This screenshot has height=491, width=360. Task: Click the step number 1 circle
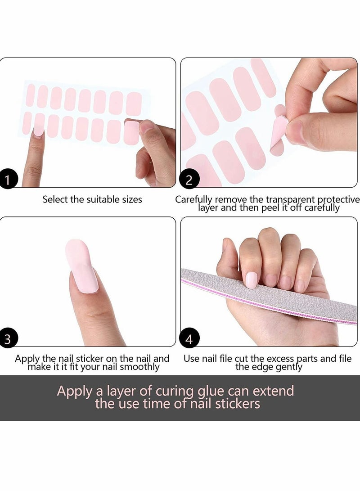7,180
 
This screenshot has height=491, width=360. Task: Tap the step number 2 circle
189,180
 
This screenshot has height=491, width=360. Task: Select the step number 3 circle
7,339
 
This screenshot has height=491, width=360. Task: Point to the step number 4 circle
189,339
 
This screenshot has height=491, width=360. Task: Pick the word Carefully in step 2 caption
194,199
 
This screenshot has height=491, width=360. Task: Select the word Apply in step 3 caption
26,359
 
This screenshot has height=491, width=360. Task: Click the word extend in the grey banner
273,391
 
